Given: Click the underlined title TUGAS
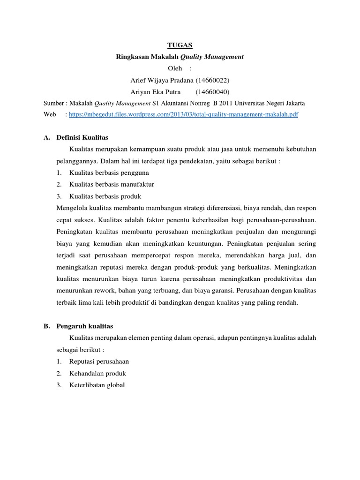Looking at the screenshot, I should tap(180, 45).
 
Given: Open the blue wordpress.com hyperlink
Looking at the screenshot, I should tap(183, 114).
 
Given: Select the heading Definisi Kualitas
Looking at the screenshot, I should tap(82, 137).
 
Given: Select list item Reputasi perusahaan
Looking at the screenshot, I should tap(99, 361).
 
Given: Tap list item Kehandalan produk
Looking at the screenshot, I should tap(97, 374).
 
